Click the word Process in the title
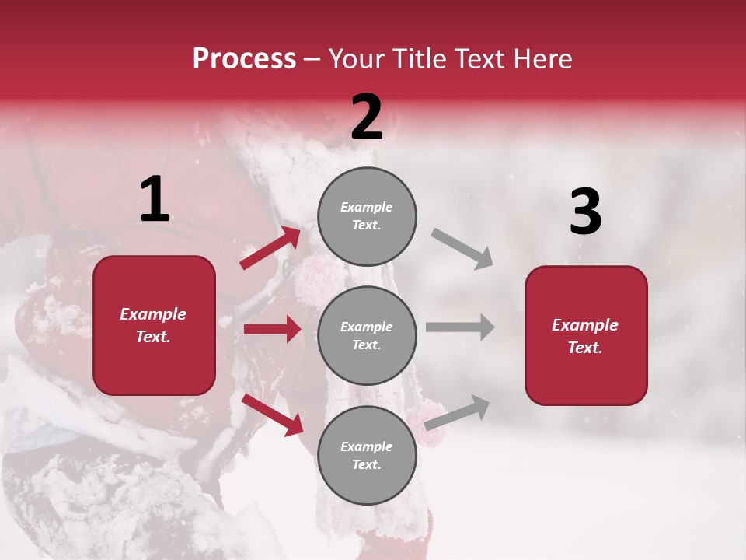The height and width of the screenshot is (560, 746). (244, 59)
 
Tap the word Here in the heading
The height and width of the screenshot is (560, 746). (542, 59)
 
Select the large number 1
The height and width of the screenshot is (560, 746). (154, 200)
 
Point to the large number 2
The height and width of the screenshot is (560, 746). (366, 118)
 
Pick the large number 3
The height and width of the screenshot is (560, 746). (585, 212)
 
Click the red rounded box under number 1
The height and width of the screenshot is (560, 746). (154, 325)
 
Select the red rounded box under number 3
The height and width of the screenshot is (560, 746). (585, 336)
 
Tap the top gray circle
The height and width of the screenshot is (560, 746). (367, 216)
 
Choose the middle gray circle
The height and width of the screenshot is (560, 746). (367, 336)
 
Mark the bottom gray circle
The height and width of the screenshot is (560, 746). (367, 455)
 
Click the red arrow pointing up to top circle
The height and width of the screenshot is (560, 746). (270, 248)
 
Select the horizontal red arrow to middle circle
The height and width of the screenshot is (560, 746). (272, 329)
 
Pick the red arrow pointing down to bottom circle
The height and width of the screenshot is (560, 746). (273, 415)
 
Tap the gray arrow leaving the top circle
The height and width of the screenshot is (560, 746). (462, 248)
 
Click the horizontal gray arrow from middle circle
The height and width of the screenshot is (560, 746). (460, 327)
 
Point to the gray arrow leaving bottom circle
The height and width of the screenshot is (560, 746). (457, 412)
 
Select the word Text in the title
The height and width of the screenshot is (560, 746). (479, 59)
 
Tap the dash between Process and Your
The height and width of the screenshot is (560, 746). (312, 60)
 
